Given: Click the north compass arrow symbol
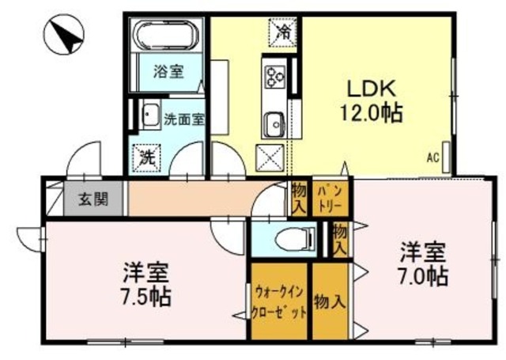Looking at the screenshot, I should click(62, 36).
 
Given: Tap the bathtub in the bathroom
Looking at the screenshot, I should click(167, 36).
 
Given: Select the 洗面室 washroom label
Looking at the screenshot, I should click(183, 119).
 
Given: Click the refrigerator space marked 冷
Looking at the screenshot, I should click(283, 32).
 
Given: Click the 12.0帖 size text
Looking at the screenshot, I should click(371, 112).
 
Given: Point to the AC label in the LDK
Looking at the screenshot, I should click(432, 157).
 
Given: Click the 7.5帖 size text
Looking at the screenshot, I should click(147, 298).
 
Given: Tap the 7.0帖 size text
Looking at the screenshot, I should click(422, 277).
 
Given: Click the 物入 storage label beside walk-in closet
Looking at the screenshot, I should click(329, 301).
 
